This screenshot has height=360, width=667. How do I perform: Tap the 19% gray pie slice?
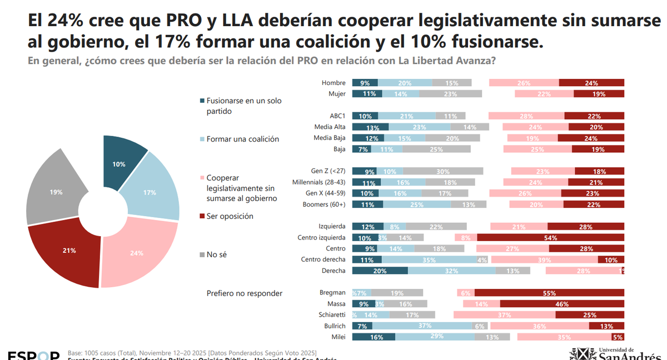coord(56,192)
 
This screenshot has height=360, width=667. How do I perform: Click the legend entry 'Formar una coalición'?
coord(243,139)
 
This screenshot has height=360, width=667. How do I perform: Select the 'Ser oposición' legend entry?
coord(230,216)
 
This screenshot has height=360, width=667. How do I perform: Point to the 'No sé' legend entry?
coord(217,254)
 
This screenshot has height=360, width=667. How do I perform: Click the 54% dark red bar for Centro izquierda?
coord(550,238)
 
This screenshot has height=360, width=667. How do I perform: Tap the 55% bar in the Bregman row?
coord(549,293)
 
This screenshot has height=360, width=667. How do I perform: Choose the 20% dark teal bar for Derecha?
coord(380,271)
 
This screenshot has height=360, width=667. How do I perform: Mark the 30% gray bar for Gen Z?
coord(443,171)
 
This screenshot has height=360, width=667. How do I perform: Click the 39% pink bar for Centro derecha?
coord(544,259)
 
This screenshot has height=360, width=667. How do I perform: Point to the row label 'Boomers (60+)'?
coord(325,204)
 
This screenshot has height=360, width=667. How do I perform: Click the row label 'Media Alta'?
coord(330,127)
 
